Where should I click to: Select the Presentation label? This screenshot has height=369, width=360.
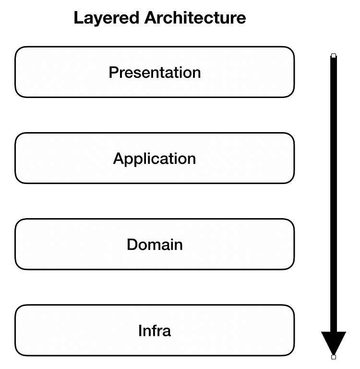tap(155, 73)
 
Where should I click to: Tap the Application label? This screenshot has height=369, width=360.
tap(155, 159)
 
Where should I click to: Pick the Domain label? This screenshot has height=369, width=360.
tap(155, 245)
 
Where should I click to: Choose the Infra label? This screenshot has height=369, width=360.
tap(155, 331)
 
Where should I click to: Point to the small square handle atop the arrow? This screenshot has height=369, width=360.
tap(334, 56)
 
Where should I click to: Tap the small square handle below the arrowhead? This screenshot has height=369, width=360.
tap(334, 357)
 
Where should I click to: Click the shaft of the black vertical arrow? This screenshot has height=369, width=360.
tap(334, 192)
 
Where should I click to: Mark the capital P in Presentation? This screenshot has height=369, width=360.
tap(113, 73)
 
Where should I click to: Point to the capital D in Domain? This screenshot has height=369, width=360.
tap(132, 245)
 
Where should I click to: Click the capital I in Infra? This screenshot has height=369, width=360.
tap(140, 331)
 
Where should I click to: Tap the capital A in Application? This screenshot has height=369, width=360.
tap(119, 159)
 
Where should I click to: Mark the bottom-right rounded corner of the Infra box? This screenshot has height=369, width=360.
tap(291, 353)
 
